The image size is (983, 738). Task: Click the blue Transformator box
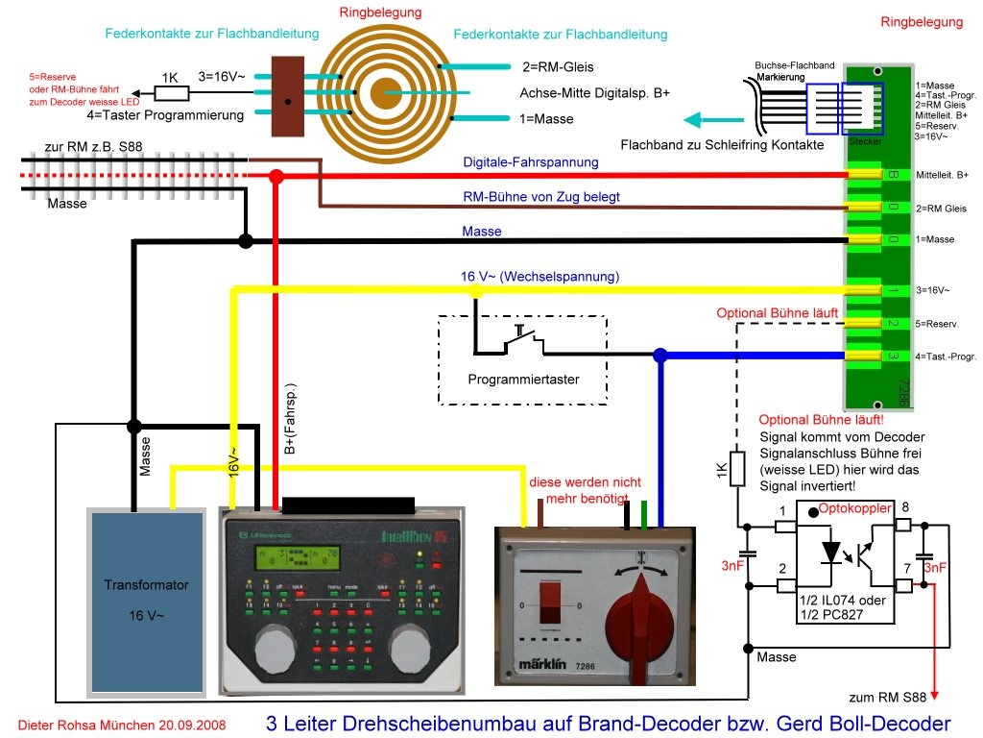146,601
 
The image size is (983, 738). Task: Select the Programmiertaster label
523,380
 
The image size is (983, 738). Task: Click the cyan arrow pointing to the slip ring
714,121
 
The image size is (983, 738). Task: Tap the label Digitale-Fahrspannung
530,162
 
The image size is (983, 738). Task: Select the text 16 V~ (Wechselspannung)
539,277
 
